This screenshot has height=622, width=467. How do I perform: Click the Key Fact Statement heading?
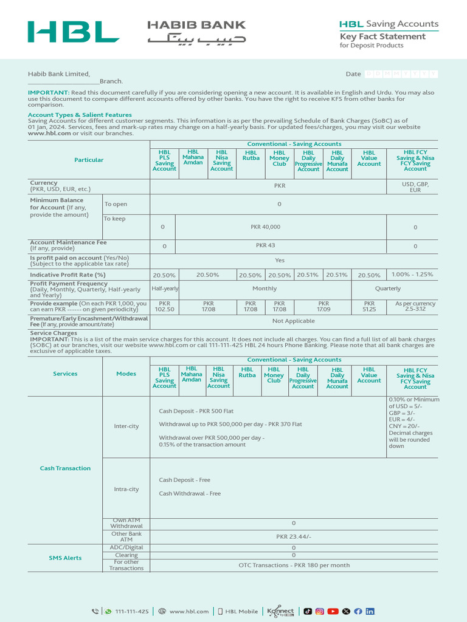tap(382, 36)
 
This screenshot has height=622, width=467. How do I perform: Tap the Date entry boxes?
tap(401, 73)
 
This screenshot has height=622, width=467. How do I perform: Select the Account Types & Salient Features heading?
tap(80, 115)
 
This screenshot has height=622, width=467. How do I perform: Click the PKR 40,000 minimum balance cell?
tap(265, 227)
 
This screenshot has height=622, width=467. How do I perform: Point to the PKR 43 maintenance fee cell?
tap(265, 246)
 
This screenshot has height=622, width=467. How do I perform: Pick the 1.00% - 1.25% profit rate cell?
tap(412, 275)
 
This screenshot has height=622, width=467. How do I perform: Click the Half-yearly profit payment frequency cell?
tap(165, 289)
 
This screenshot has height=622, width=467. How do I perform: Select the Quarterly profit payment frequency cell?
tap(388, 289)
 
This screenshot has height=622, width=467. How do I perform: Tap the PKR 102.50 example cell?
tap(165, 306)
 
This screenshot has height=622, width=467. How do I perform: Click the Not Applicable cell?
tap(294, 321)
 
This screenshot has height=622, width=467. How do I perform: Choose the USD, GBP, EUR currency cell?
tap(415, 186)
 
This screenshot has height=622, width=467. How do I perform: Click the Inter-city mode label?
tap(126, 426)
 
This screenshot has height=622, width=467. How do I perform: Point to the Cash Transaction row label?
tap(65, 468)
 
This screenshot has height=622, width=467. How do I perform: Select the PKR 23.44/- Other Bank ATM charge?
tap(294, 537)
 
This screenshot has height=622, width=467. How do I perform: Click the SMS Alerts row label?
tap(65, 558)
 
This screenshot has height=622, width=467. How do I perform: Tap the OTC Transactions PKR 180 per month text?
tap(294, 565)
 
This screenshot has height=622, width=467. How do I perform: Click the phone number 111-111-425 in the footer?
tap(131, 612)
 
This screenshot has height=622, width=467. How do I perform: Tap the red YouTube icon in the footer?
tap(333, 612)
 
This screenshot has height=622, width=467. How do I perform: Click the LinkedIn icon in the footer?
tap(370, 612)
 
